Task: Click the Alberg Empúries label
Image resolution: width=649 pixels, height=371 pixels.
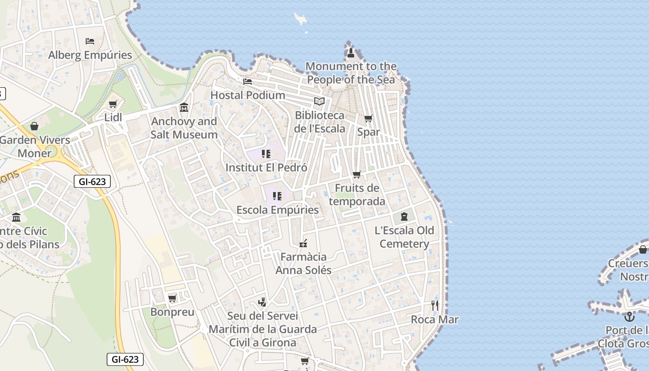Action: point(90,55)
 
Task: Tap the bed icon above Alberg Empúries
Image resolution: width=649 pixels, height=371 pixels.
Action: point(90,41)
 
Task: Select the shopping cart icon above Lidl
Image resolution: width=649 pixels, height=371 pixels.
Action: point(113,104)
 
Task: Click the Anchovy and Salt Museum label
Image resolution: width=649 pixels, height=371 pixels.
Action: point(184,128)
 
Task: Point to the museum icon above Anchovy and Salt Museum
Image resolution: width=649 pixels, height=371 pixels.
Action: point(184,108)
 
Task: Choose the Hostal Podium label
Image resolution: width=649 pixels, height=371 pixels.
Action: point(248,95)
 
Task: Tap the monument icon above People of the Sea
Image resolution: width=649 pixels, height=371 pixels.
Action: point(351,52)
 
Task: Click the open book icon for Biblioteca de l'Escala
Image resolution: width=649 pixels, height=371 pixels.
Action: point(319,102)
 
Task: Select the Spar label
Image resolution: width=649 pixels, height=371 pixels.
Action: point(369,132)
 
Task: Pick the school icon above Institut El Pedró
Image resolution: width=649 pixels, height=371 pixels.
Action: point(266,154)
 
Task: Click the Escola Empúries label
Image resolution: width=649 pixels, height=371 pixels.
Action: point(277,210)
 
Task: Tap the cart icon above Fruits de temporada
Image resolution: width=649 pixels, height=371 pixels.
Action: point(356,175)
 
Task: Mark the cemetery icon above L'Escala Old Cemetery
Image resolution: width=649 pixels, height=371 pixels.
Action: point(404,217)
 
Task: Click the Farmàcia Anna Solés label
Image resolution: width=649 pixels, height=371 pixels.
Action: point(304,263)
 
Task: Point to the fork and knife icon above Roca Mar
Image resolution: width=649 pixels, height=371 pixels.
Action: point(435,306)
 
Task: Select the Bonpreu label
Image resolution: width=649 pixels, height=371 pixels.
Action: point(172,312)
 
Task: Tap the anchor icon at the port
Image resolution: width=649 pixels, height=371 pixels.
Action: point(629,317)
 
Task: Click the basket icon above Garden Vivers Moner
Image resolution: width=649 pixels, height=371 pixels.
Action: point(34,126)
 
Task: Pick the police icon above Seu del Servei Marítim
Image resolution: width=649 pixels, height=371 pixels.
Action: point(262,302)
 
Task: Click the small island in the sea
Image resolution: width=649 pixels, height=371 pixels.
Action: point(300,19)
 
